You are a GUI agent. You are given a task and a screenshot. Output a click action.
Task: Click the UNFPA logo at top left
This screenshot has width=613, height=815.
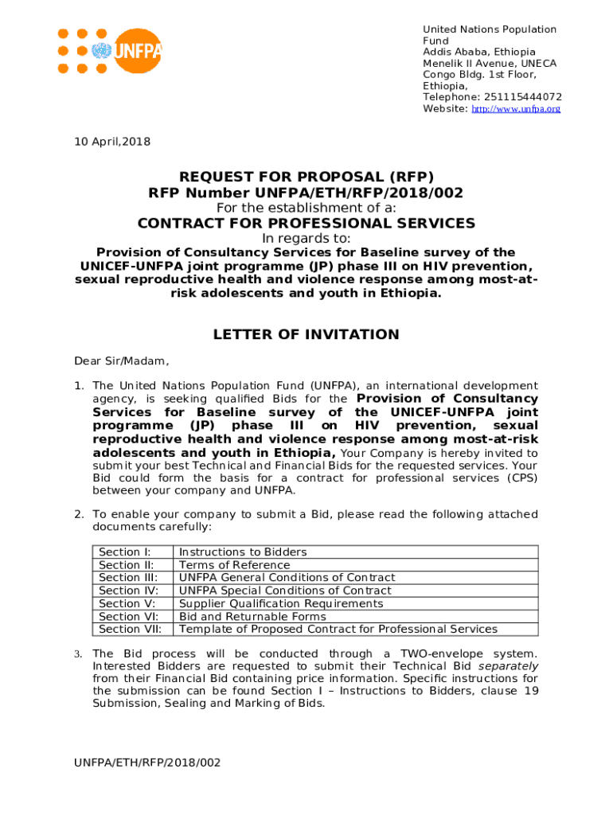[x=109, y=52]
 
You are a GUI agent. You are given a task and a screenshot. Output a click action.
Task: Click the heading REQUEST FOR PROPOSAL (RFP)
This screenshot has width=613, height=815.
[x=306, y=177]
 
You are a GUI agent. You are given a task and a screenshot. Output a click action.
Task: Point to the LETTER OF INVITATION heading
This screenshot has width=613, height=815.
[x=306, y=335]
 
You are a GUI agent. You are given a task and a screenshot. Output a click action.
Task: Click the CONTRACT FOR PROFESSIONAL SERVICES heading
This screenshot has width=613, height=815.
[x=306, y=224]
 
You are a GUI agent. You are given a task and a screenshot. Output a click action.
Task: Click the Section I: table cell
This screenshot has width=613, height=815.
[x=125, y=552]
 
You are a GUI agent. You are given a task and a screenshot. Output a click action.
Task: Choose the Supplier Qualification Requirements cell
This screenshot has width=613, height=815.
[x=281, y=603]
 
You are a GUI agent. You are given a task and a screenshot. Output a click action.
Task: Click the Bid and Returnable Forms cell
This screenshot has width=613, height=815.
[x=252, y=616]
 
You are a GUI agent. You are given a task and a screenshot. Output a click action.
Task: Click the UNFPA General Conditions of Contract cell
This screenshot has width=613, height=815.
[x=287, y=577]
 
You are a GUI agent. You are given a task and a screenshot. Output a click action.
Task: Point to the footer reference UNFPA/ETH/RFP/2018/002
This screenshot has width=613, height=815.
[x=147, y=762]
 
